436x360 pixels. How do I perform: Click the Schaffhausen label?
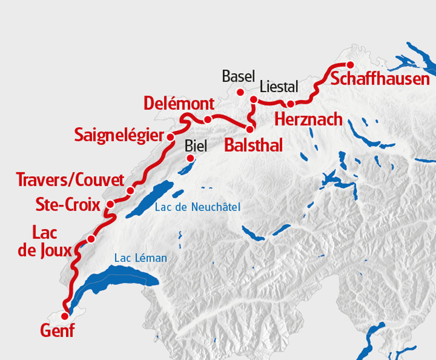380,79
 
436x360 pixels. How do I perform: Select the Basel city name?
235,76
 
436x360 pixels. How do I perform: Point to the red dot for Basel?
240,92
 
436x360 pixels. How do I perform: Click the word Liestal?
278,86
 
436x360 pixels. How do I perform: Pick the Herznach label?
308,118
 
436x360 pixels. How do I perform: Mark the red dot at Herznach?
291,104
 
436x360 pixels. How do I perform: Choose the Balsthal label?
253,145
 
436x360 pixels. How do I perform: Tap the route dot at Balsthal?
250,129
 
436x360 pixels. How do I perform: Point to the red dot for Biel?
191,159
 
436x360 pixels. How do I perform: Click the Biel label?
197,145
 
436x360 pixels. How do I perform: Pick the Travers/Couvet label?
70,179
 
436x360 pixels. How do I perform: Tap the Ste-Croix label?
68,205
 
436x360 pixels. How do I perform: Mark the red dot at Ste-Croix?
110,205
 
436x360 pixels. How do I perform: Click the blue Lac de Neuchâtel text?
197,207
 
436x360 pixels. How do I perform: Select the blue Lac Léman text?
140,258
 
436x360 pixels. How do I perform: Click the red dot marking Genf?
65,316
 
